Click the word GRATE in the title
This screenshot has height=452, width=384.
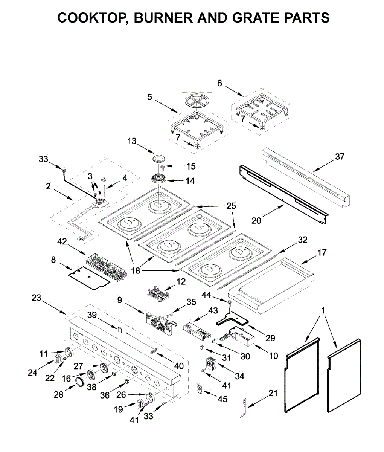256,18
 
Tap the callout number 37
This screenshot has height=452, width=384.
340,157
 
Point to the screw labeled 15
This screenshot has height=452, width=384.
163,168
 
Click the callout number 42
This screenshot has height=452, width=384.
62,242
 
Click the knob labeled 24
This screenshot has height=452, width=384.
58,359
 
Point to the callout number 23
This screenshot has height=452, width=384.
37,298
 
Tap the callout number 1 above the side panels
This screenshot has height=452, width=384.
323,311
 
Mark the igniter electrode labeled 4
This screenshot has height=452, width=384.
104,186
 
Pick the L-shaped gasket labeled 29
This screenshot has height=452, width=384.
233,318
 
